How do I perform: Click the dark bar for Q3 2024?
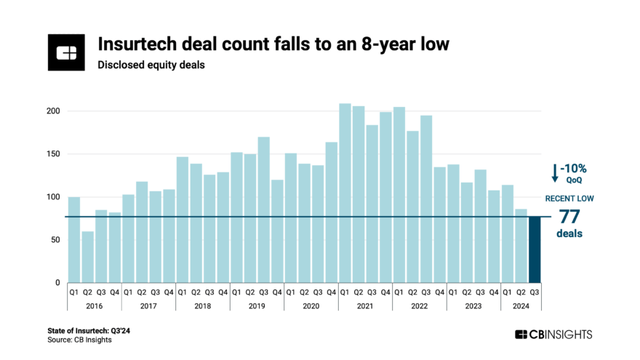tap(535, 249)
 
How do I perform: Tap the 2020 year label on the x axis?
tap(311, 306)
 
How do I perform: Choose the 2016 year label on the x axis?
tap(95, 306)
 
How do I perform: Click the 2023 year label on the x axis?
tap(473, 306)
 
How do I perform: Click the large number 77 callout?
tap(570, 217)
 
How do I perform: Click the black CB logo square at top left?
tap(67, 52)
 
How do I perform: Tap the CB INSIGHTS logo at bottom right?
tap(553, 335)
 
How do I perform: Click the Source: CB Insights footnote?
tap(80, 340)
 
